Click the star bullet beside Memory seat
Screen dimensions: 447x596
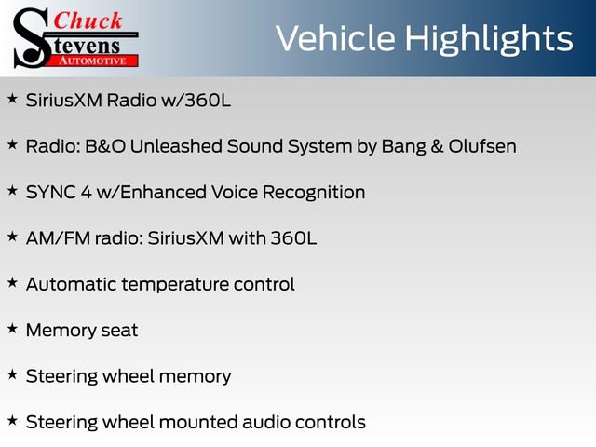pyautogui.click(x=12, y=328)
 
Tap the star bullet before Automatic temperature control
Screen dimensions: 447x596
pyautogui.click(x=12, y=282)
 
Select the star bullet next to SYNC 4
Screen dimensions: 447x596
pyautogui.click(x=12, y=190)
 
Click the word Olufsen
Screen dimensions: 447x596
pyautogui.click(x=481, y=146)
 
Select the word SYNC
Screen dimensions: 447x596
pyautogui.click(x=51, y=193)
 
